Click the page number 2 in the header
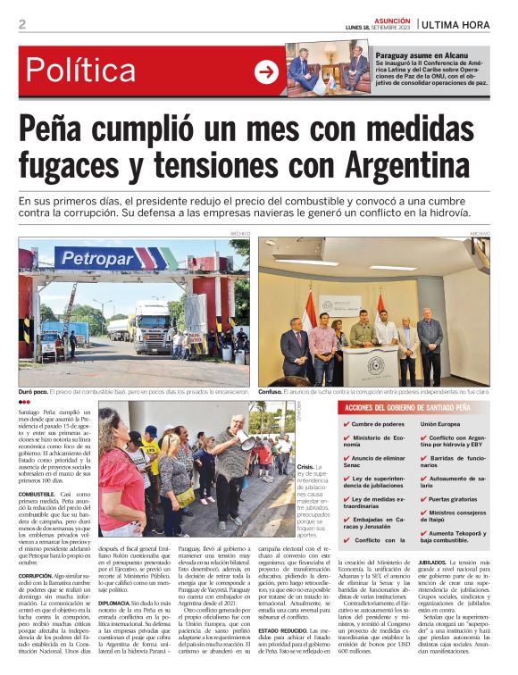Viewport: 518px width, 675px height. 21,24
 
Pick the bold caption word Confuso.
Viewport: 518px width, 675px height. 273,390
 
